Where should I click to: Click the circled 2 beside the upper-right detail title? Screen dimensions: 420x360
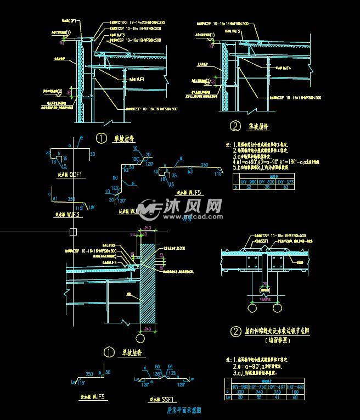click(x=235, y=126)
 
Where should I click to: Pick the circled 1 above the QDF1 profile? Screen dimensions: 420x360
click(x=101, y=138)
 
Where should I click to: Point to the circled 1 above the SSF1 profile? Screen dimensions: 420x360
click(x=109, y=352)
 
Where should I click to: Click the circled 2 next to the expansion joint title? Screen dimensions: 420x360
click(x=235, y=331)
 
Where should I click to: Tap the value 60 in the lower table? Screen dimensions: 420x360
click(x=296, y=397)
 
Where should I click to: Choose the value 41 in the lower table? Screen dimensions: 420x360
click(x=278, y=397)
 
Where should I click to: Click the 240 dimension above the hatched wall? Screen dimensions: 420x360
click(x=147, y=228)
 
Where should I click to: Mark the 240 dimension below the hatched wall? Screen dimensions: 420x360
click(x=147, y=329)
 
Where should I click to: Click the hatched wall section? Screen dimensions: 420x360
click(x=147, y=285)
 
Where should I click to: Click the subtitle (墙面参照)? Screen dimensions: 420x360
click(x=279, y=340)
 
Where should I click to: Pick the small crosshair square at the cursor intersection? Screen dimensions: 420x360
click(x=73, y=232)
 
